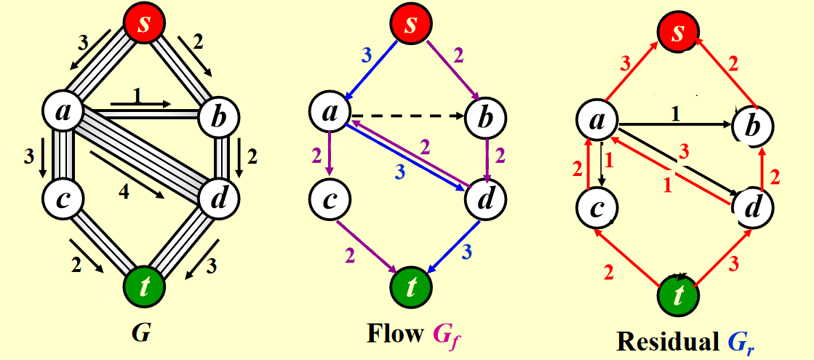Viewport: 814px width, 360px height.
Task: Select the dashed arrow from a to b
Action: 407,115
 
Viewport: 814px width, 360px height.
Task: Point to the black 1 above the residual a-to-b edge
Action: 674,113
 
